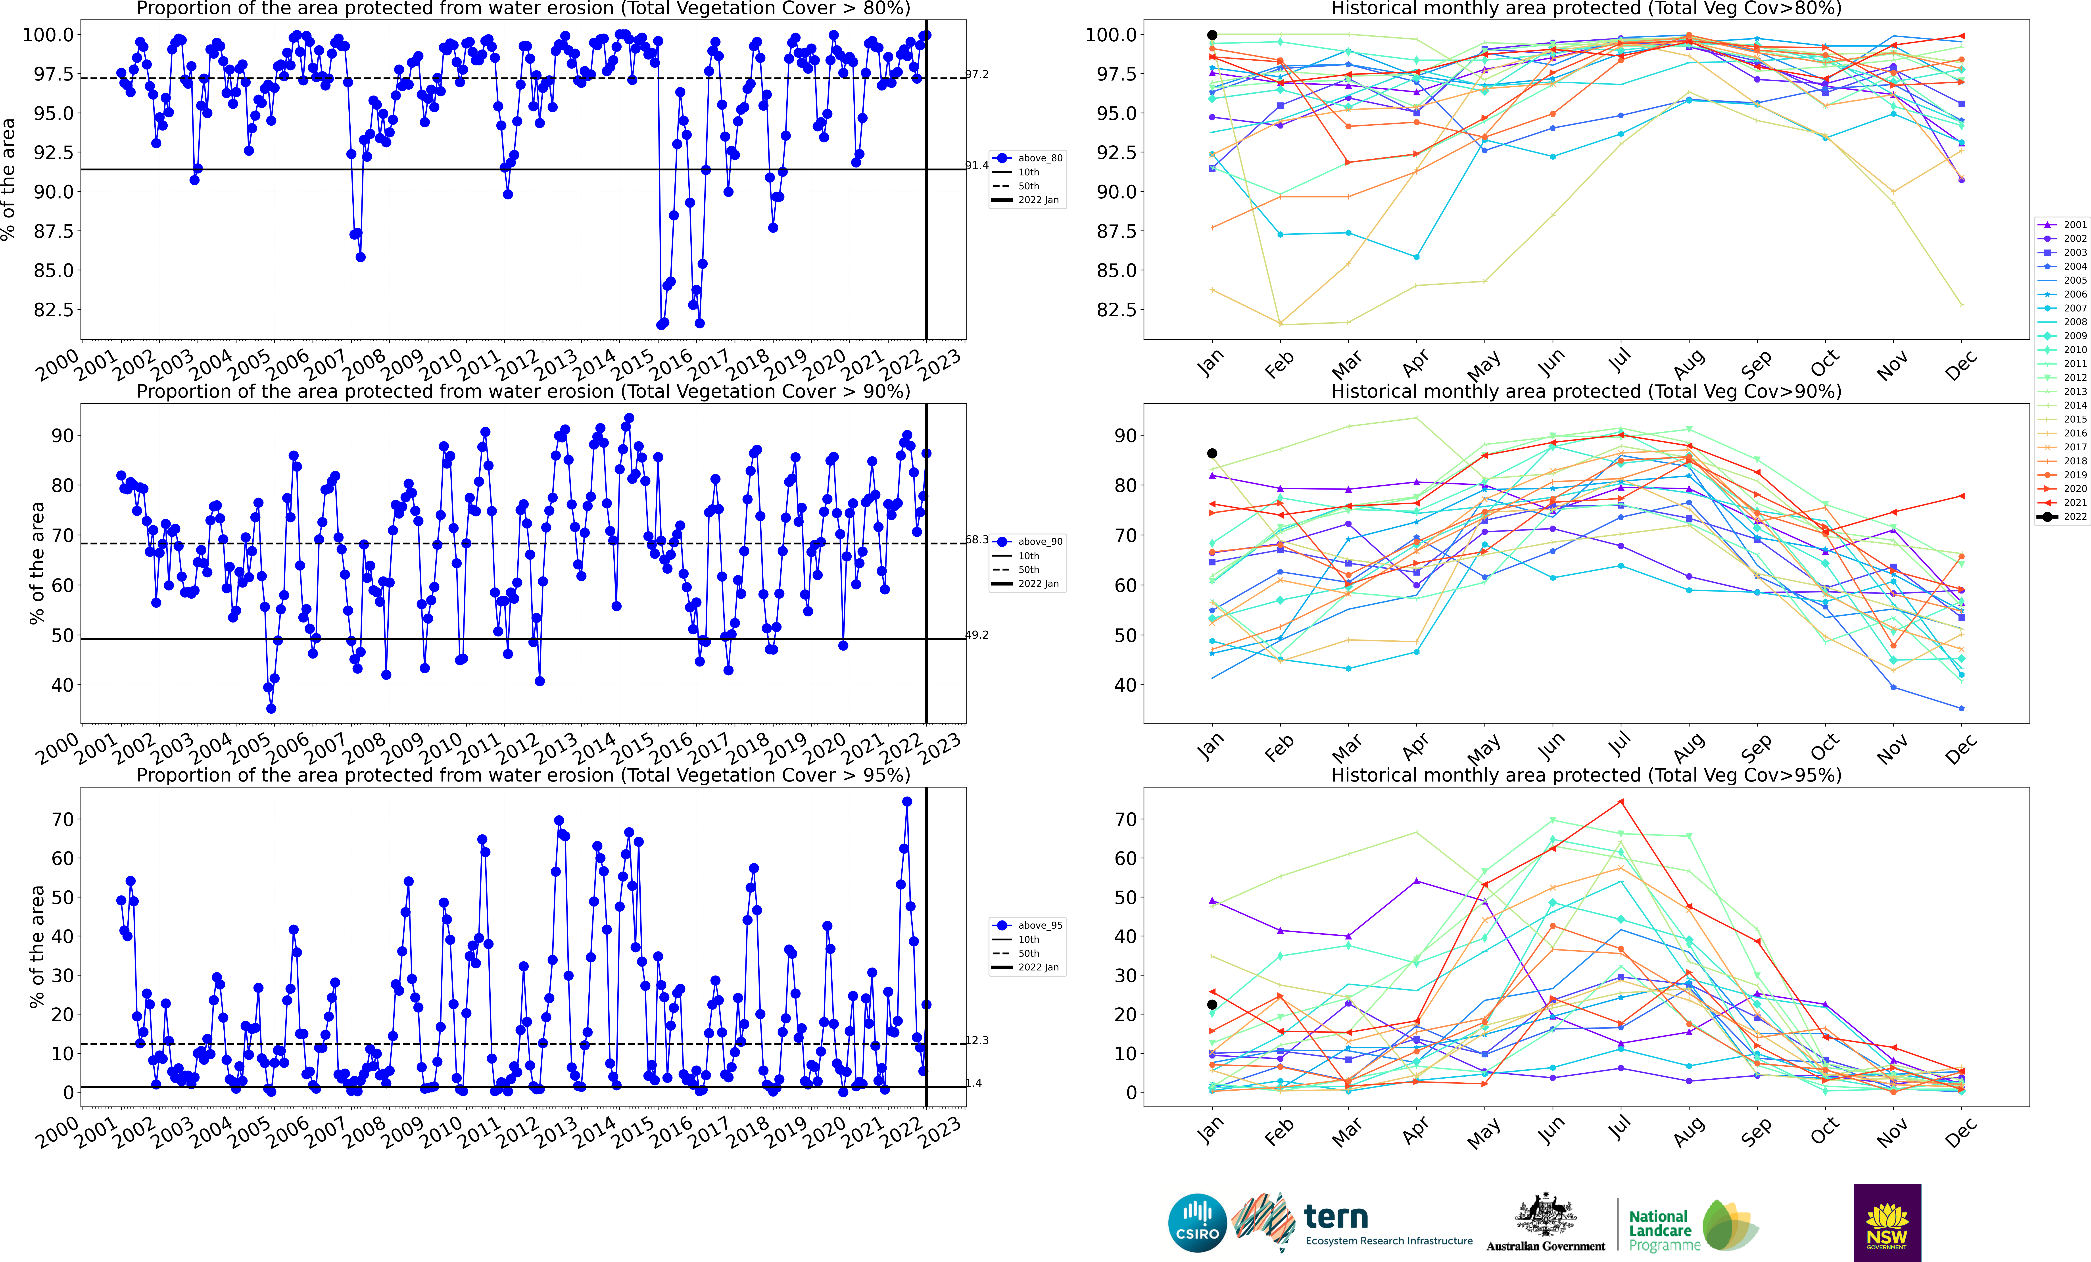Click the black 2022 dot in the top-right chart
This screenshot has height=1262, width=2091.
[1212, 35]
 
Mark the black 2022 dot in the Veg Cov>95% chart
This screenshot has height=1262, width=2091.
[1212, 1005]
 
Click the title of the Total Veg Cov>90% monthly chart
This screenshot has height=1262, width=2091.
[1586, 391]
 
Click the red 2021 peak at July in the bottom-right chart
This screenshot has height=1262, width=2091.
[1621, 801]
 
